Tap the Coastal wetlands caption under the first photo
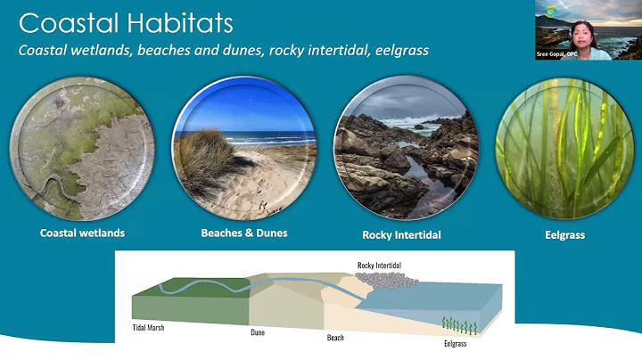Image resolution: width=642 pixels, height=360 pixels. coord(82,233)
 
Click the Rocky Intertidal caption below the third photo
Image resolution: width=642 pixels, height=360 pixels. coord(402,235)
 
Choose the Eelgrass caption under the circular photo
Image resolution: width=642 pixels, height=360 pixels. coord(564,235)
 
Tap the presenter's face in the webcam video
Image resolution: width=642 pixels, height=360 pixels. coord(568,30)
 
